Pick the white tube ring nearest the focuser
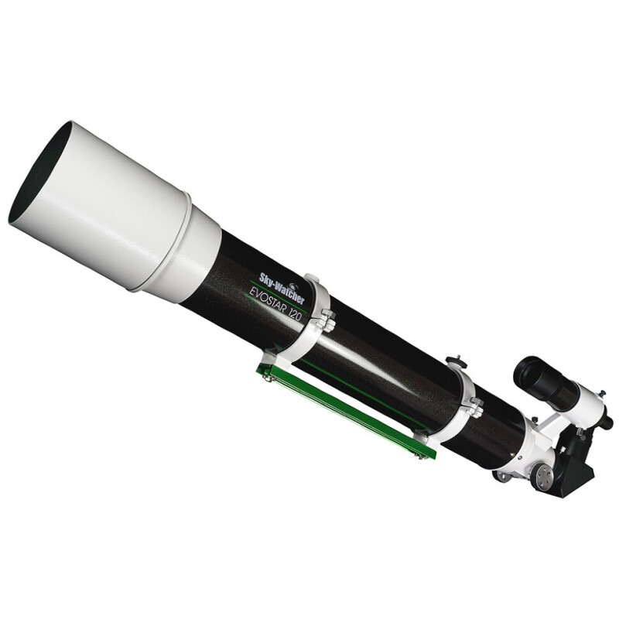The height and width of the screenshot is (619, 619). [x=461, y=402]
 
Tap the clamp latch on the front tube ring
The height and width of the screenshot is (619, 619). [x=326, y=320]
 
